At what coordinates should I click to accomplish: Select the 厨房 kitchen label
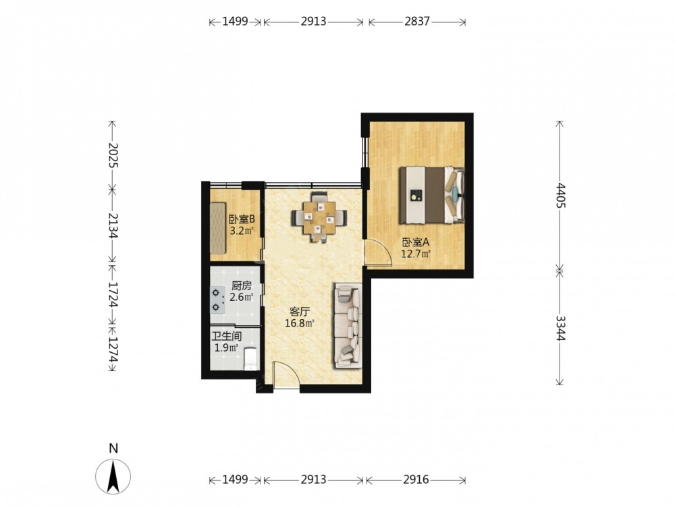tap(241, 285)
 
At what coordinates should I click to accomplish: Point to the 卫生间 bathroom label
tap(226, 336)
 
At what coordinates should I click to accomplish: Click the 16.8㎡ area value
tap(299, 322)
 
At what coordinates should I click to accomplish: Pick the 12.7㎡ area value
tap(416, 254)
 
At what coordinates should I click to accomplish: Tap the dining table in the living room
tap(319, 217)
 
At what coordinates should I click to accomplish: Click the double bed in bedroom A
tap(432, 195)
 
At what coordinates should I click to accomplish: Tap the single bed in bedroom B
tap(218, 228)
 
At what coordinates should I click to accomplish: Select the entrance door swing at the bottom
tap(287, 376)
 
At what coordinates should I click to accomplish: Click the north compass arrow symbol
tap(113, 476)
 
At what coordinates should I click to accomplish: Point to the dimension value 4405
tap(560, 196)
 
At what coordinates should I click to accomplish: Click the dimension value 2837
tap(416, 21)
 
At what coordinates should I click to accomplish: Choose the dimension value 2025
tap(113, 155)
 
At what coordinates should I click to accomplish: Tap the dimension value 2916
tap(416, 479)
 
